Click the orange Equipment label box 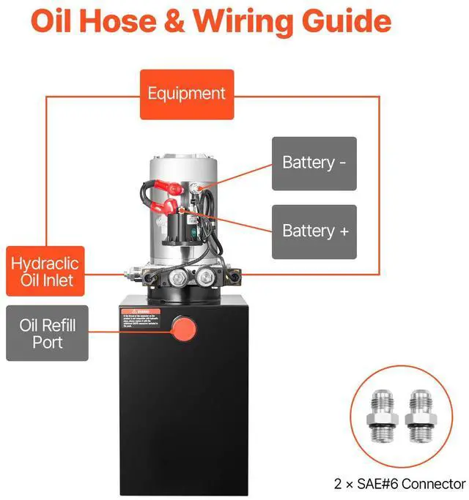click(187, 94)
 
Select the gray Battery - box click(314, 163)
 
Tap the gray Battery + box click(314, 231)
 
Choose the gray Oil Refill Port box click(47, 333)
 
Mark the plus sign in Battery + click(343, 231)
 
